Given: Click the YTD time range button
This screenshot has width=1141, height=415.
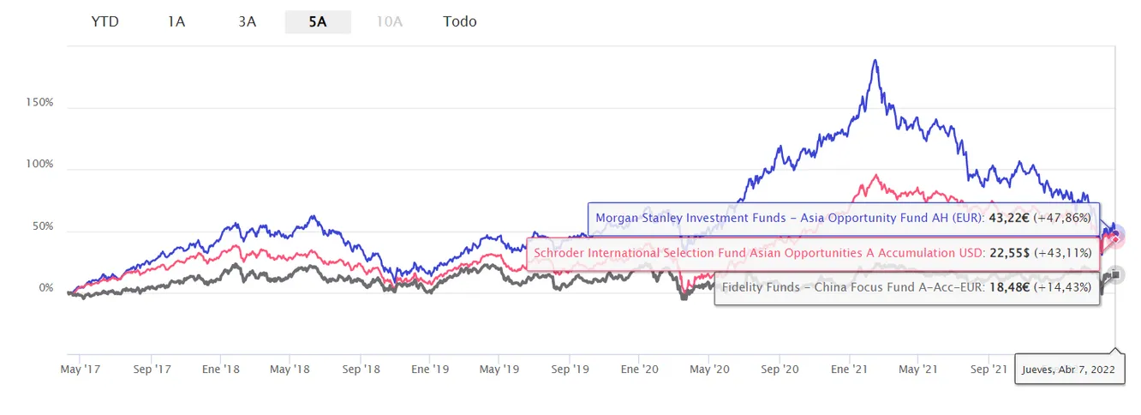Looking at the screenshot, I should coord(105,21).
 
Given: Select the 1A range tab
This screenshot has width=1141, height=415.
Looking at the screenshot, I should coord(176,21).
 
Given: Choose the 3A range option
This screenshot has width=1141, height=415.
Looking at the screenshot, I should coord(247,21).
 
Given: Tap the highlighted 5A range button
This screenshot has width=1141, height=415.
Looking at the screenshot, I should coord(318,21).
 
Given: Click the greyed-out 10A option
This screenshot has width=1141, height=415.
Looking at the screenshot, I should coord(389,21).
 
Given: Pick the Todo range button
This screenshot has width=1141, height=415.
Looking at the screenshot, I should coord(460,21).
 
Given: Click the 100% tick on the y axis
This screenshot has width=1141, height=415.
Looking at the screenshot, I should coord(40,165).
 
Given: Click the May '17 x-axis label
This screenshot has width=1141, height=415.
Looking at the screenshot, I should coord(80,370).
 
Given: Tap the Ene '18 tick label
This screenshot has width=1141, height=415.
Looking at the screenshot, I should coord(221,370).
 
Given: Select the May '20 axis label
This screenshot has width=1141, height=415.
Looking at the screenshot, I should coord(709,370).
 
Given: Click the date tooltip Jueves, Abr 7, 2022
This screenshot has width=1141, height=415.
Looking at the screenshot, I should coord(1069,371).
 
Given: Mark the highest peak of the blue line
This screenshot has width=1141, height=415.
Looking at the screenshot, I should coord(875,61).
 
